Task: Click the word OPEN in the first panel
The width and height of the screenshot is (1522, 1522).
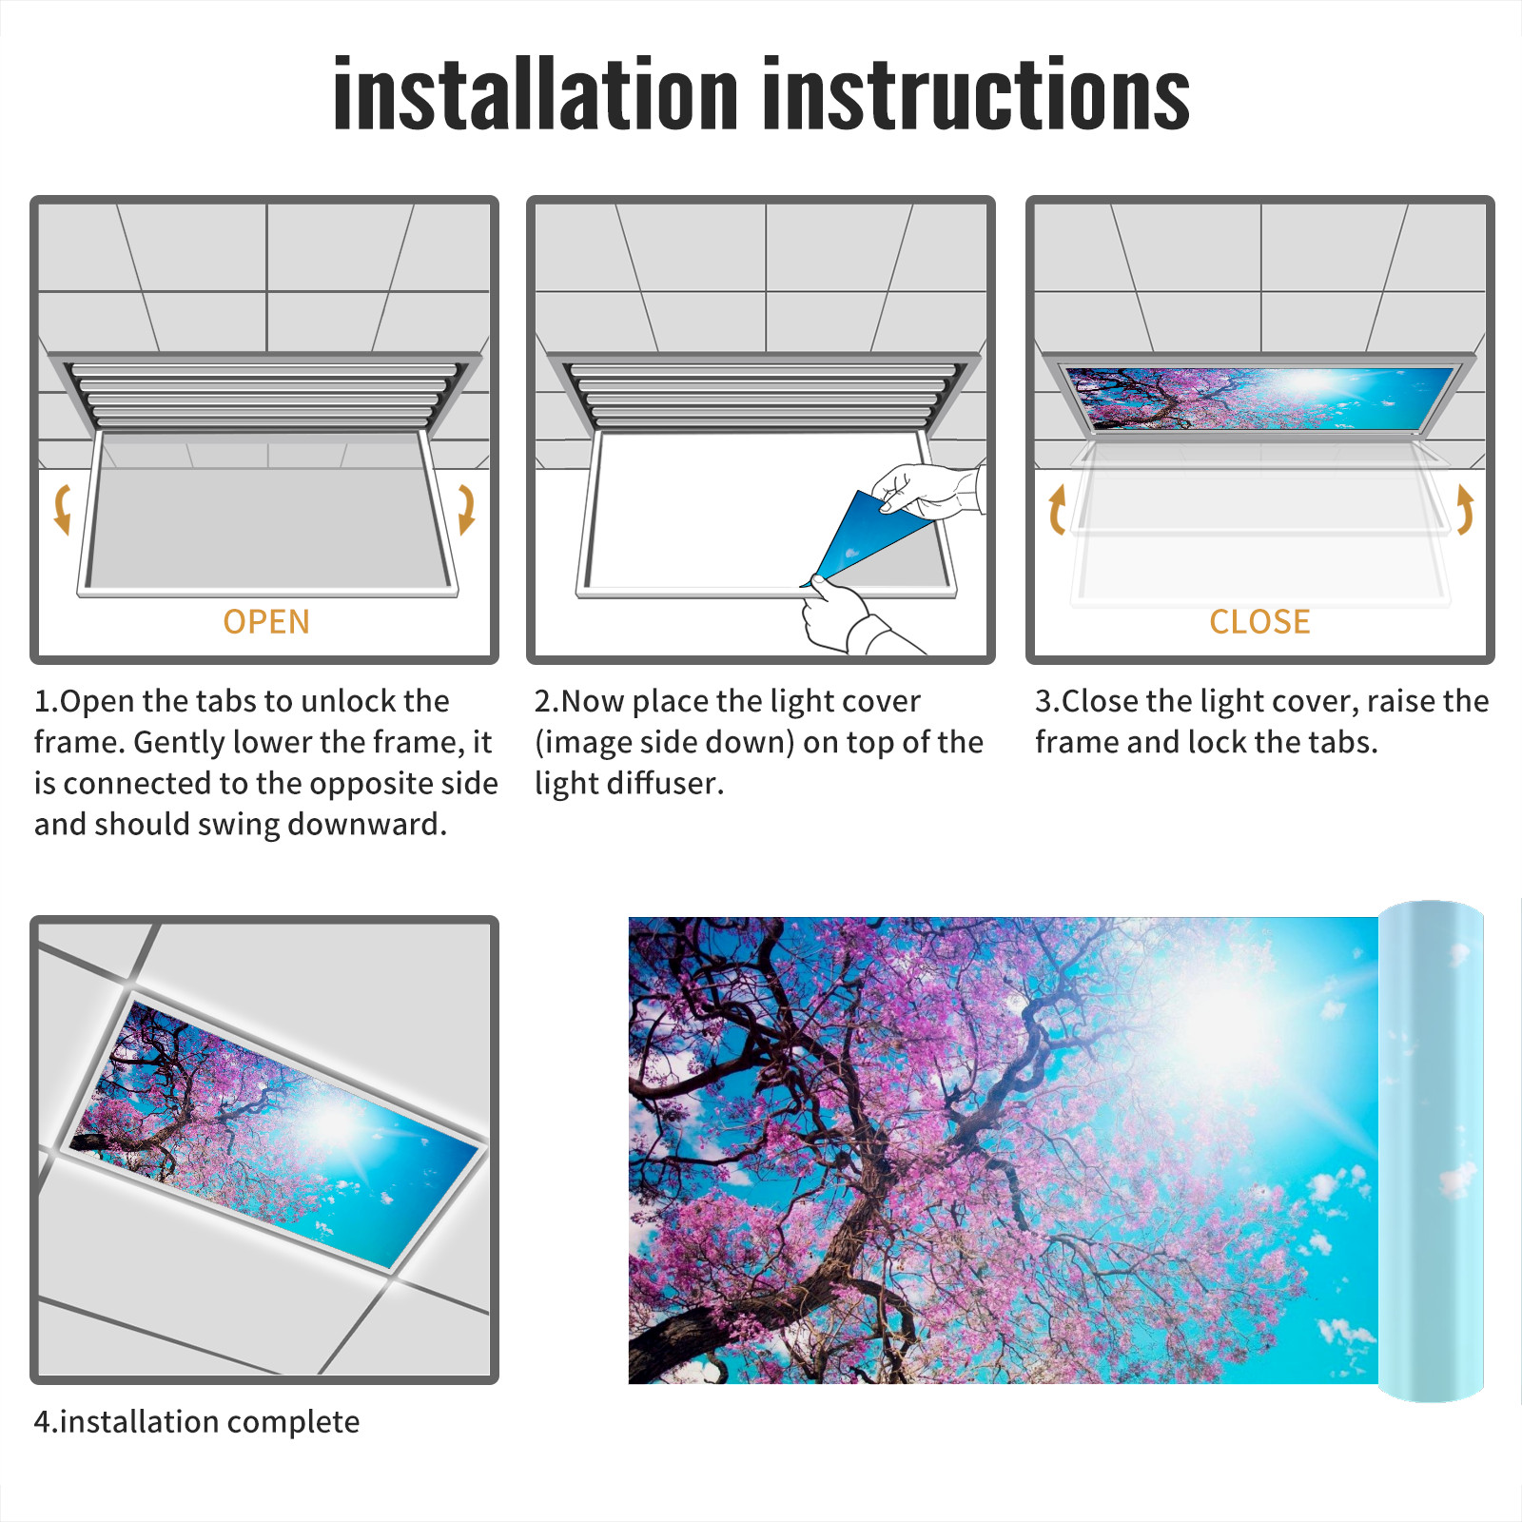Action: (x=266, y=622)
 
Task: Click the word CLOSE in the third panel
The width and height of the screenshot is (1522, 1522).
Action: (x=1259, y=622)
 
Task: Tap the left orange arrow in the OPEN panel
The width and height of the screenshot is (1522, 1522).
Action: (x=63, y=509)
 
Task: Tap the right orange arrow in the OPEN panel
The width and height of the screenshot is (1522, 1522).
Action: (x=466, y=509)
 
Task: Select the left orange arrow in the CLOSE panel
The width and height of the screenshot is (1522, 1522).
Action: (x=1057, y=509)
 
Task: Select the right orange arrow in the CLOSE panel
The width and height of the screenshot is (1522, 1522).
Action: (x=1465, y=509)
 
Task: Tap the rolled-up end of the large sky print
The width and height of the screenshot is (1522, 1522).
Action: (x=1431, y=1151)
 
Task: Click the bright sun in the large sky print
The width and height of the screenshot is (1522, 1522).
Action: (x=1227, y=1027)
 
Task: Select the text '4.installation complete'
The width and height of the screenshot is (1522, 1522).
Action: (x=197, y=1422)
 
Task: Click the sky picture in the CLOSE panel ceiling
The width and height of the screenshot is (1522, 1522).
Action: (x=1259, y=399)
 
